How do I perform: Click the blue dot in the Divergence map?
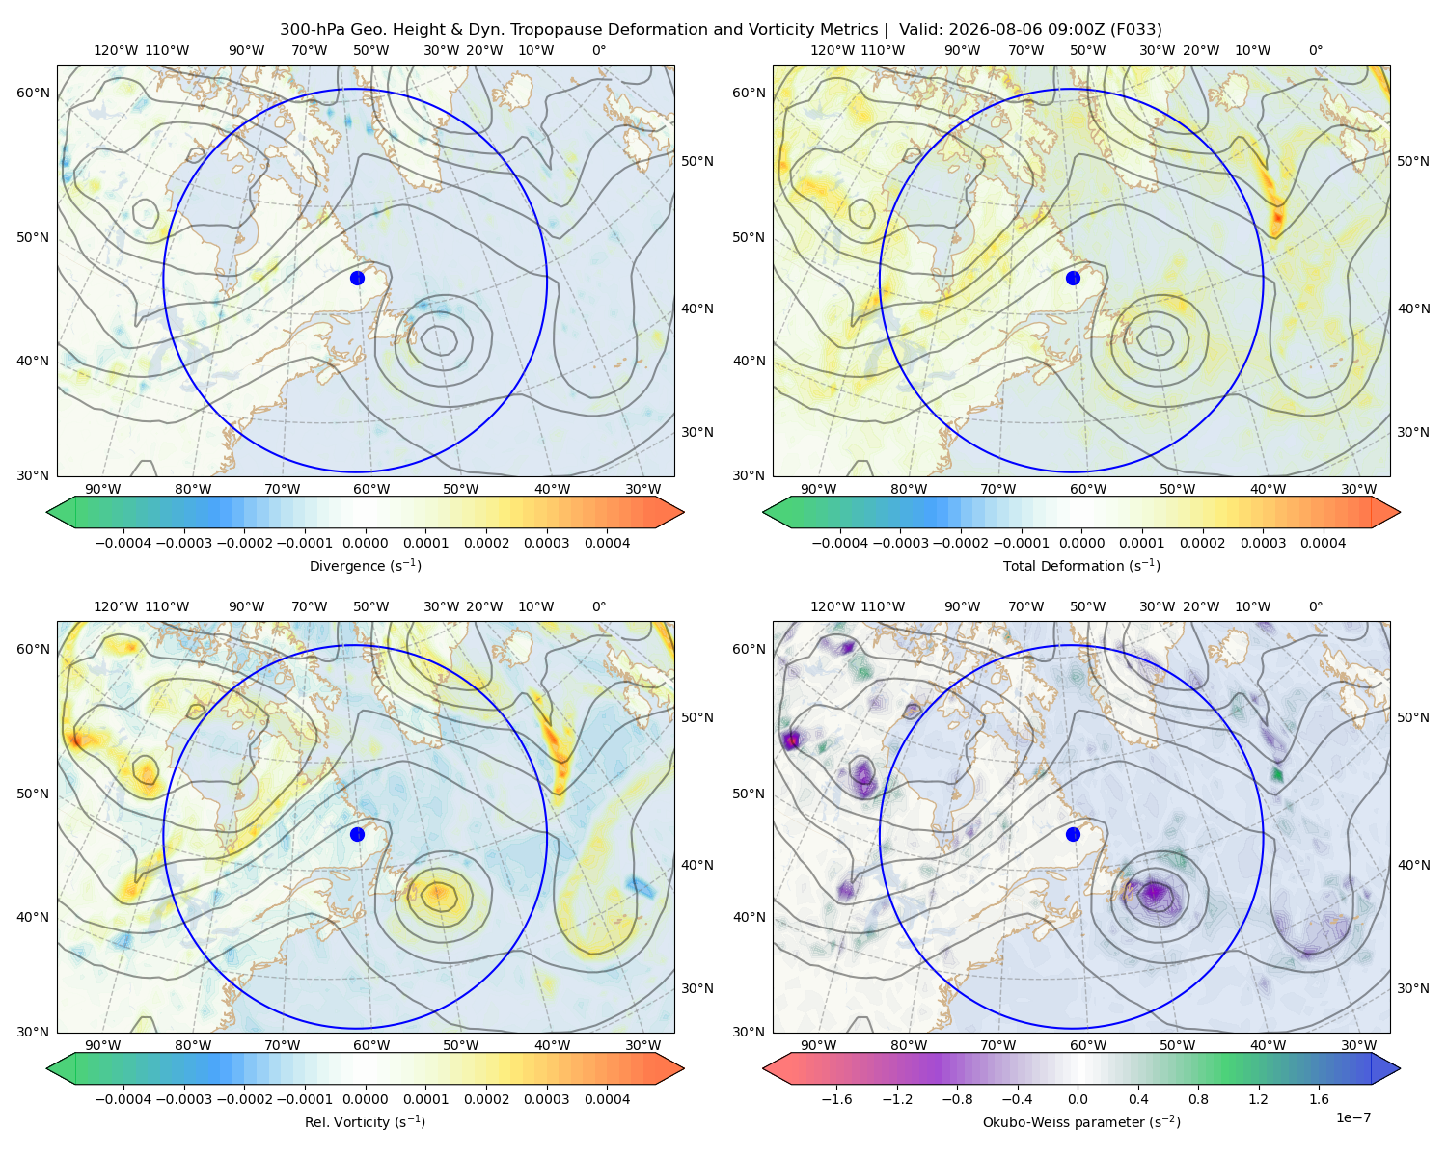pos(357,278)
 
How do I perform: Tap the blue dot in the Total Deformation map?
pos(1073,278)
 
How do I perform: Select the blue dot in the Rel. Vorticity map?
pos(357,834)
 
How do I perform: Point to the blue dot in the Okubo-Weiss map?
pos(1073,834)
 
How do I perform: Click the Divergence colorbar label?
pos(365,565)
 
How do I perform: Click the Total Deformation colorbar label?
pos(1081,565)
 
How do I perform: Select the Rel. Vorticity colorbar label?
pos(365,1121)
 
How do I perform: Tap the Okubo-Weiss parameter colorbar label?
pos(1081,1121)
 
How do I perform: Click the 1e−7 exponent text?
pos(1352,1117)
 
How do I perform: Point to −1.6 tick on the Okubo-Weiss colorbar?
pos(836,1098)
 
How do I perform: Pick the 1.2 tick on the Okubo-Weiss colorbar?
pos(1258,1098)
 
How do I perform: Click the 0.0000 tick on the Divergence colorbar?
pos(365,543)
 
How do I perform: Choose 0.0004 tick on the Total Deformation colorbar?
pos(1323,543)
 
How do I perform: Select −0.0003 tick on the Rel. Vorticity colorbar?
pos(183,1098)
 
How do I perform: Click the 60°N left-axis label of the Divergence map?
pos(33,93)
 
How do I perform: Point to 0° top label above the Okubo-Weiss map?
pos(1315,605)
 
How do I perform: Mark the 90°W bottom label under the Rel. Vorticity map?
pos(103,1045)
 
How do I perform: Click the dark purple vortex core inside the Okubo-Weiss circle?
pos(1154,892)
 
